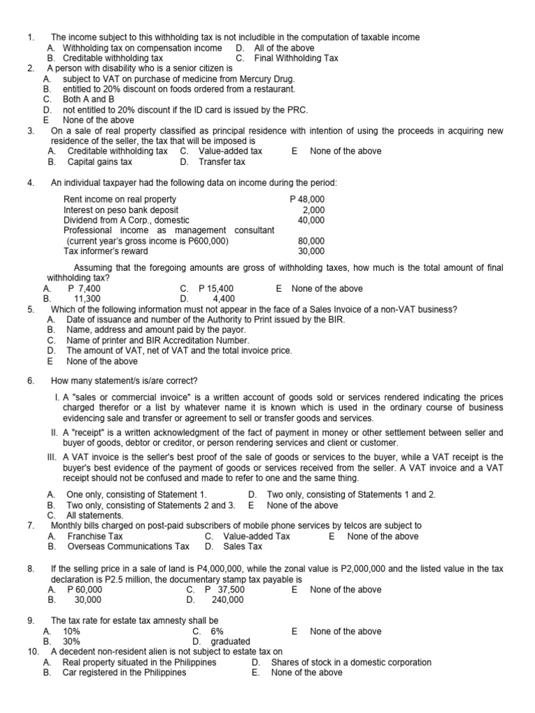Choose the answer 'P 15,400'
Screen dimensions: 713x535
click(x=216, y=288)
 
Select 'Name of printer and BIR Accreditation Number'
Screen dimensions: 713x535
click(x=157, y=340)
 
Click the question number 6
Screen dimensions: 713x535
click(x=31, y=381)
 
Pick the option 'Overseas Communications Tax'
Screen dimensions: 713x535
click(x=128, y=547)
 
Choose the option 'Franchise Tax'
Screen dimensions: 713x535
click(x=95, y=536)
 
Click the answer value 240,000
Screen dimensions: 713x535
click(x=227, y=600)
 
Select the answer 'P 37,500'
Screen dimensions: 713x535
click(x=224, y=589)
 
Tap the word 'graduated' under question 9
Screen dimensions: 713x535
click(x=230, y=641)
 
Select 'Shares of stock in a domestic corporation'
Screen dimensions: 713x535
click(x=351, y=662)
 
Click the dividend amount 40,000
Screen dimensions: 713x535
click(x=311, y=220)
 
